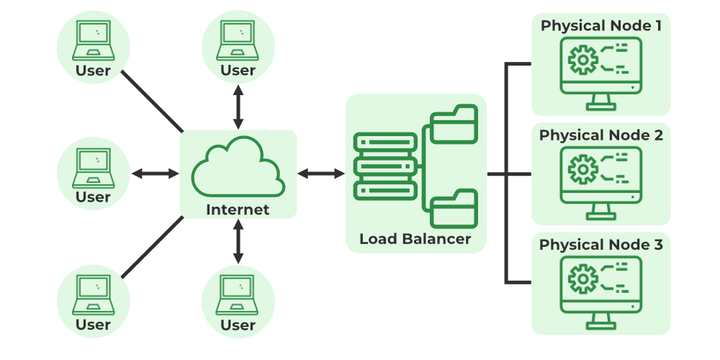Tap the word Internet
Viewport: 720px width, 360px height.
(x=238, y=210)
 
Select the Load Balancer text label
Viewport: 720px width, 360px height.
(x=415, y=239)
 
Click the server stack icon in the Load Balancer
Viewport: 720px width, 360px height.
(x=385, y=166)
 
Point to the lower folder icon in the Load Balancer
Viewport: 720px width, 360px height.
(x=454, y=209)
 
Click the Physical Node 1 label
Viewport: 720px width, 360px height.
(x=601, y=26)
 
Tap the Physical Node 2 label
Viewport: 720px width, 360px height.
(x=601, y=135)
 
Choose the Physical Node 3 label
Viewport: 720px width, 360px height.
(x=601, y=245)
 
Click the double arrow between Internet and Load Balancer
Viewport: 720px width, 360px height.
(x=321, y=173)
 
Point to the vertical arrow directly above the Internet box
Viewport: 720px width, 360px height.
(x=238, y=105)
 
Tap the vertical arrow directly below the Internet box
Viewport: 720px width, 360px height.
(x=238, y=243)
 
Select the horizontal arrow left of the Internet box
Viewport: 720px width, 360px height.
(x=156, y=173)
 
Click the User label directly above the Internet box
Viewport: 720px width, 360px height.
(x=238, y=71)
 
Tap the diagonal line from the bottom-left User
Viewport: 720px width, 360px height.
(x=153, y=247)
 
